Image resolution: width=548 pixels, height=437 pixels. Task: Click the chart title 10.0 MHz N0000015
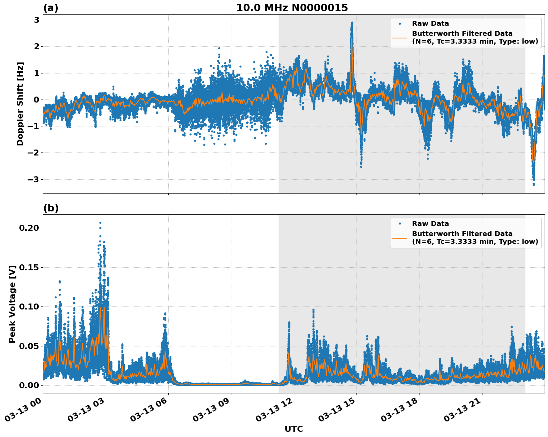click(x=292, y=8)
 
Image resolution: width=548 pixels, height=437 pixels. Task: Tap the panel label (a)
click(x=51, y=8)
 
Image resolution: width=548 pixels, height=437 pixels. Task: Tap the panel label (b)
click(x=51, y=208)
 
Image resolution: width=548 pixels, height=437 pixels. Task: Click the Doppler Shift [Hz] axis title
click(x=20, y=104)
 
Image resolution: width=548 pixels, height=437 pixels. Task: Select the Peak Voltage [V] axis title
click(x=12, y=304)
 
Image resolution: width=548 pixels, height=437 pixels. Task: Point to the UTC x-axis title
click(x=294, y=429)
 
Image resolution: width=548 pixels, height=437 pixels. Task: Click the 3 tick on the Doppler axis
click(x=37, y=20)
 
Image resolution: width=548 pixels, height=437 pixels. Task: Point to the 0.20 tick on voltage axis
click(x=31, y=228)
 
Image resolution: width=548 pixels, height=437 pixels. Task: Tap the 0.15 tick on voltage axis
click(x=31, y=267)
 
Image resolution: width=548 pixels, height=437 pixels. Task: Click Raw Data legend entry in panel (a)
click(x=430, y=23)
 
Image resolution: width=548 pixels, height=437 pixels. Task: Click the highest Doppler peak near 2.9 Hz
click(x=352, y=23)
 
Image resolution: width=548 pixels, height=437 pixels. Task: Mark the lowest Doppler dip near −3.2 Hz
click(x=533, y=184)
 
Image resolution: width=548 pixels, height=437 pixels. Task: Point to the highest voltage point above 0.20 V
click(x=100, y=223)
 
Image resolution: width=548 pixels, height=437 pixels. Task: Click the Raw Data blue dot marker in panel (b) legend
click(x=400, y=224)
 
